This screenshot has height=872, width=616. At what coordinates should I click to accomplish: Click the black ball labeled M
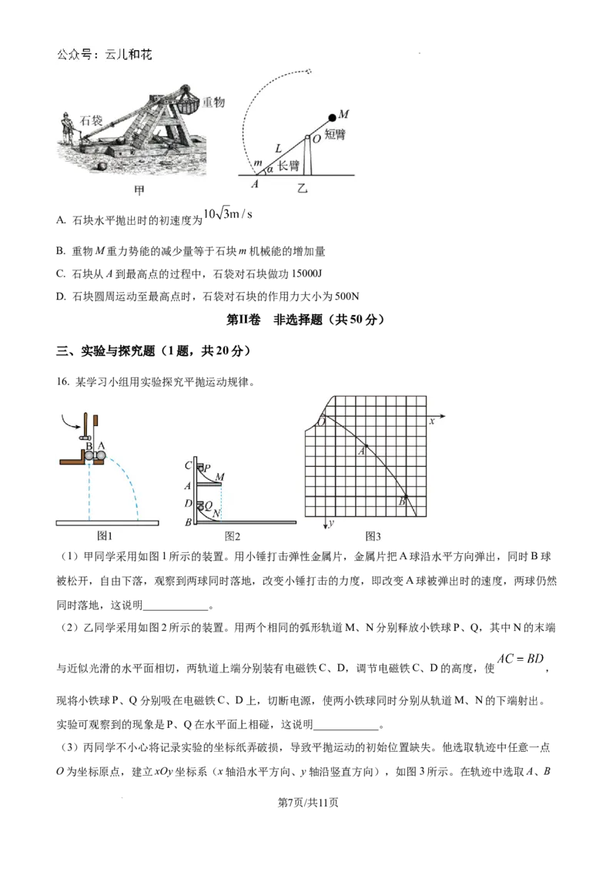333,117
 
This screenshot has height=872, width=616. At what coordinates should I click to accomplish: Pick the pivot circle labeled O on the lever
306,139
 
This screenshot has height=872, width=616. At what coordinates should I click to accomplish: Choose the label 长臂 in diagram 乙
288,166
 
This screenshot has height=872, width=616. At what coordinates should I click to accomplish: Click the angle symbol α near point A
269,169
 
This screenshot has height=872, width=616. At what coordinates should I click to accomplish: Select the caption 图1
105,535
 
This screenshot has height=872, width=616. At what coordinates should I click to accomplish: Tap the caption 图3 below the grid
373,535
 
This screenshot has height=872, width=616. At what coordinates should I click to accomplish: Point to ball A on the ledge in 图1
101,455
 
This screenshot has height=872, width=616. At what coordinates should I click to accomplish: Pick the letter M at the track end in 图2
220,476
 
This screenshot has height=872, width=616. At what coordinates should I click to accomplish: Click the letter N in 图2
217,512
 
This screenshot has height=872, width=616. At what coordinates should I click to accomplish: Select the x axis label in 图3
432,421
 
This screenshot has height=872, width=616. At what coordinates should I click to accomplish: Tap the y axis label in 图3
330,524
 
